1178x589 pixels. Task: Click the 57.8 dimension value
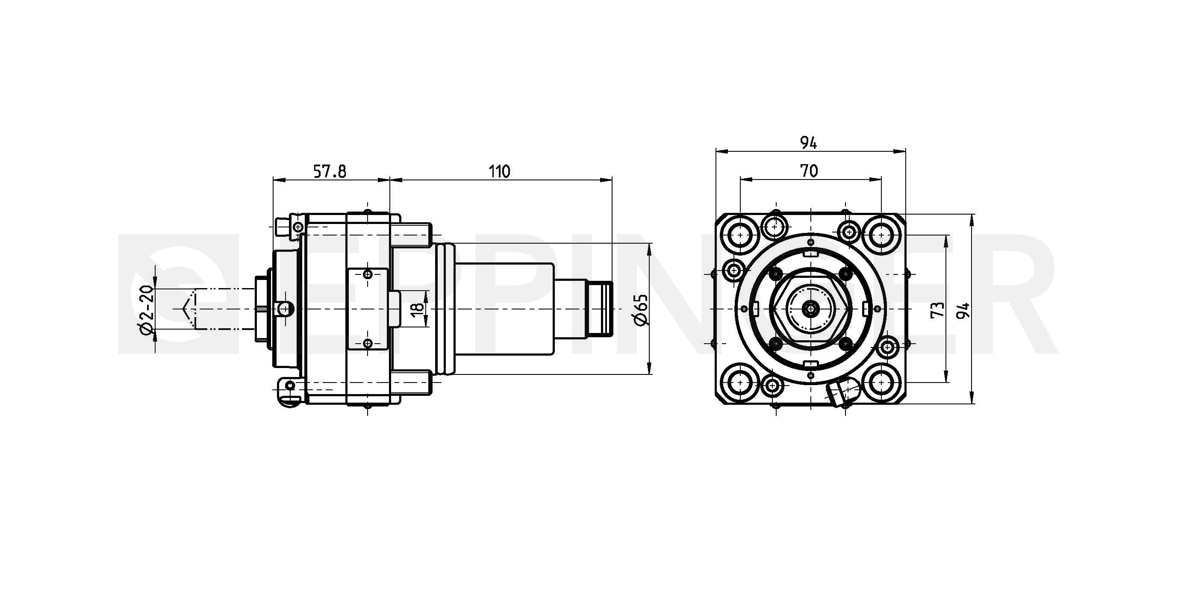(330, 171)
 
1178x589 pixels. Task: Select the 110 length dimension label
(499, 171)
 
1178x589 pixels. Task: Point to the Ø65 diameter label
(642, 309)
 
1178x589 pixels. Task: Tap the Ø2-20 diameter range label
(146, 309)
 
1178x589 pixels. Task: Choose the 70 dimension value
(809, 171)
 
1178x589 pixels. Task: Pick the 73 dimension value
(937, 309)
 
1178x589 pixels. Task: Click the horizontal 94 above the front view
(809, 143)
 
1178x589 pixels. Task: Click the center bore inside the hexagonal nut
(810, 309)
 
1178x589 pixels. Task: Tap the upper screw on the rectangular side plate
(368, 274)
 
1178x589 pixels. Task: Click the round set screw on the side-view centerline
(285, 309)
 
